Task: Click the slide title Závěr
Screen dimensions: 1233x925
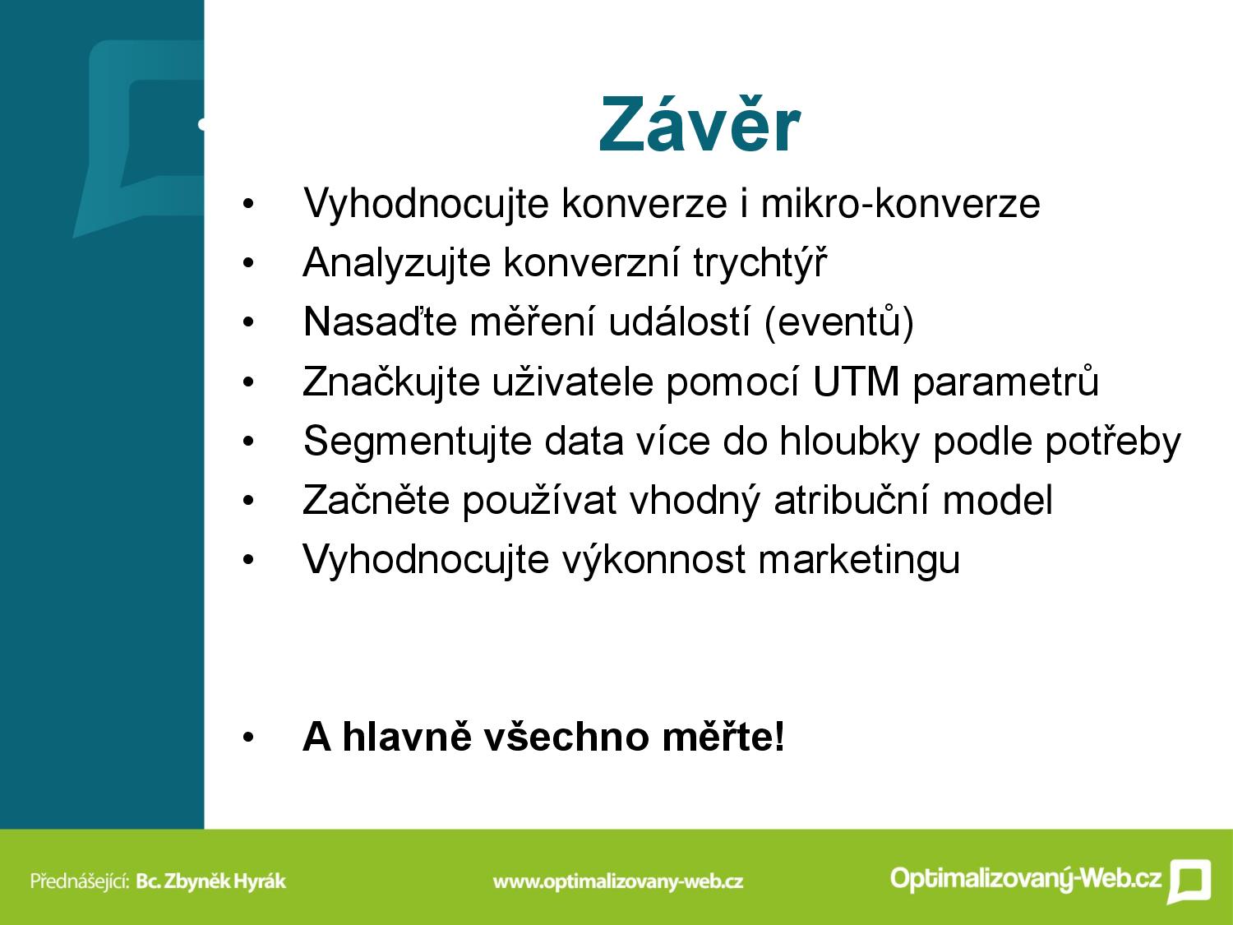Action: click(x=700, y=124)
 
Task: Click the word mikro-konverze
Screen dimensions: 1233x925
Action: click(x=900, y=203)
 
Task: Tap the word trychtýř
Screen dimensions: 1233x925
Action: click(x=760, y=262)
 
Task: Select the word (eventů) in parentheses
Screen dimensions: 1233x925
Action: click(x=839, y=321)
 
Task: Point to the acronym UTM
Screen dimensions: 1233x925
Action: click(x=856, y=382)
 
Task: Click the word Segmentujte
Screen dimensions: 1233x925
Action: click(x=418, y=442)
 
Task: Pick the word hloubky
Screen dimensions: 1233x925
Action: click(x=849, y=442)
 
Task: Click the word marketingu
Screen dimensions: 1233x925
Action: click(x=860, y=560)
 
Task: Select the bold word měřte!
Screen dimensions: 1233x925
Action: click(x=723, y=736)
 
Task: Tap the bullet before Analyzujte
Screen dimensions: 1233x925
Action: click(x=248, y=263)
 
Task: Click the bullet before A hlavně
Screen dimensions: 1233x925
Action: click(x=248, y=738)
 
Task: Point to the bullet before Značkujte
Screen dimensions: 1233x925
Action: click(x=248, y=382)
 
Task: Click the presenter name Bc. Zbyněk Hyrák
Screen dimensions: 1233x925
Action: click(x=211, y=881)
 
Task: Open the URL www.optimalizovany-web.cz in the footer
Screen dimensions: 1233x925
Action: click(x=618, y=881)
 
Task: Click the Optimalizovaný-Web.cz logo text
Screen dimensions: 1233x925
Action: click(x=1026, y=877)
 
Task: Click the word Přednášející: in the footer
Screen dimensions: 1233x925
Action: click(x=80, y=881)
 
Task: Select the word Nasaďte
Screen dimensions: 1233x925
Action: click(x=380, y=321)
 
